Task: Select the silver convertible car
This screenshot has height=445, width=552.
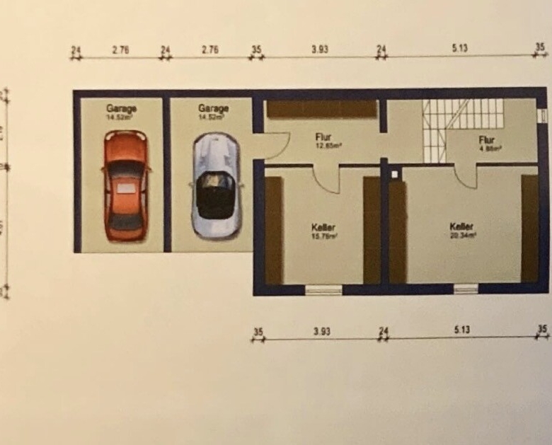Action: click(x=215, y=186)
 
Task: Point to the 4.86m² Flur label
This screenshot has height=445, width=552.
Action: click(x=486, y=144)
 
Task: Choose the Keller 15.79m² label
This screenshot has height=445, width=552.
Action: click(x=324, y=231)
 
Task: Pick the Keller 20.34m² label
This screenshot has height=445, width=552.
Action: click(x=462, y=230)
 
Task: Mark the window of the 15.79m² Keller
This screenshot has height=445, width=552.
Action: click(x=323, y=289)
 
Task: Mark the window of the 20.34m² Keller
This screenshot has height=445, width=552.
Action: click(x=465, y=288)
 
